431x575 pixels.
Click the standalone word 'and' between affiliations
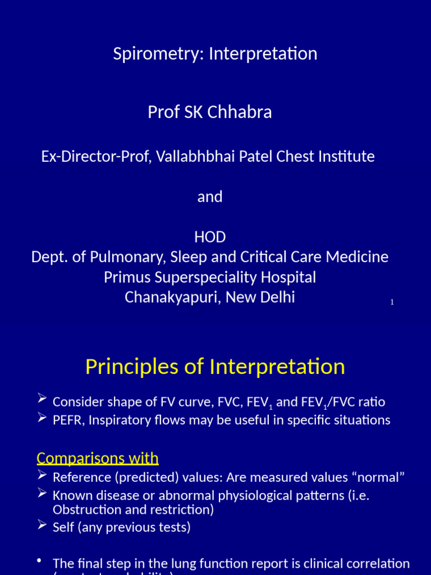point(210,197)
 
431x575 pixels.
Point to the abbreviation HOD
point(210,238)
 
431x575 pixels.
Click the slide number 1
point(392,303)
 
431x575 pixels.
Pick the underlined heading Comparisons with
point(98,459)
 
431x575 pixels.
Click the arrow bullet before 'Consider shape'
point(42,399)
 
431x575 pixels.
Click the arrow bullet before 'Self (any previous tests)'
point(42,525)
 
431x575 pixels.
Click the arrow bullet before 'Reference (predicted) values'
point(42,476)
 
